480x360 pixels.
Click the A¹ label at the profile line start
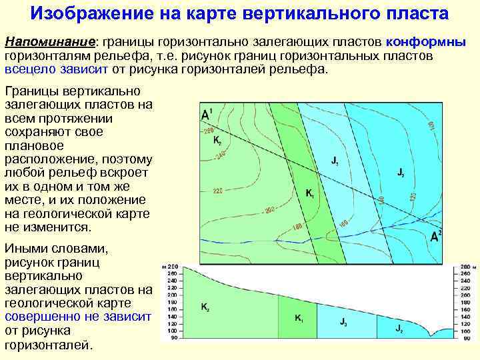[207, 114]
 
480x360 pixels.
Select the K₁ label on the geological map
[310, 193]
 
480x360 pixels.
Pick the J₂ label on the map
[400, 173]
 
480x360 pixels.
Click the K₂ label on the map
[217, 141]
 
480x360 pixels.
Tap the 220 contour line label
[218, 191]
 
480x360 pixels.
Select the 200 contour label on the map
[269, 210]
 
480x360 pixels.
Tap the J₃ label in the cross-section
[343, 323]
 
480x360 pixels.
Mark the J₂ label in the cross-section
[399, 328]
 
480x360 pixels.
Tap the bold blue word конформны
[425, 42]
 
